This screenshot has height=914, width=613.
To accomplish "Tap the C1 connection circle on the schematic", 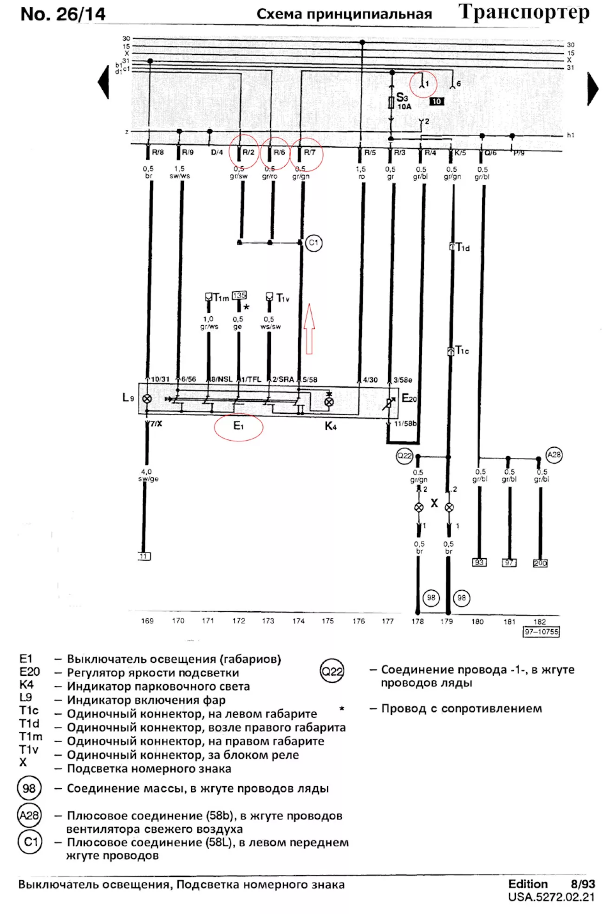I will click(314, 243).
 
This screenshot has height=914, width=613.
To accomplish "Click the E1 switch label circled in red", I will click(238, 426).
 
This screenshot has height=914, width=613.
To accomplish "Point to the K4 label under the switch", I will click(331, 426).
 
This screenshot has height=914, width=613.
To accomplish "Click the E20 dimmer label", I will click(409, 398).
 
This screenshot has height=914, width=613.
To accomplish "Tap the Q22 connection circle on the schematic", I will click(404, 456).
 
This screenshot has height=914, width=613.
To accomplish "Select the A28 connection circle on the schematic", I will click(554, 455).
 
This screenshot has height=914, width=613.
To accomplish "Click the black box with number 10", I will click(437, 101).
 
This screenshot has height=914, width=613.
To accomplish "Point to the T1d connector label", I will click(463, 248).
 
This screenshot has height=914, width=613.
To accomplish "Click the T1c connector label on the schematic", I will click(462, 351).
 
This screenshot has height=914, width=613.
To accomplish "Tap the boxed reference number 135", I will click(239, 295).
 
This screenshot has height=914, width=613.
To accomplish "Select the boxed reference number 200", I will click(540, 563).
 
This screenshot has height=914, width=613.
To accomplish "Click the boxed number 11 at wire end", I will click(144, 556).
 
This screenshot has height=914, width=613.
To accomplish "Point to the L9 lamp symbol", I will click(147, 398).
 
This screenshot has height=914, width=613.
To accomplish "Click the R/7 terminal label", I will click(310, 152).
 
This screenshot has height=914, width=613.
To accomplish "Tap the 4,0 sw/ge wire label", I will click(148, 475).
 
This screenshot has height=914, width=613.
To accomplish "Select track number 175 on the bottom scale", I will click(328, 621).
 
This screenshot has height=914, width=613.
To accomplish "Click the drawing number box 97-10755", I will click(541, 632).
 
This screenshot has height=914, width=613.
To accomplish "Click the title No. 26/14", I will click(63, 14).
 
